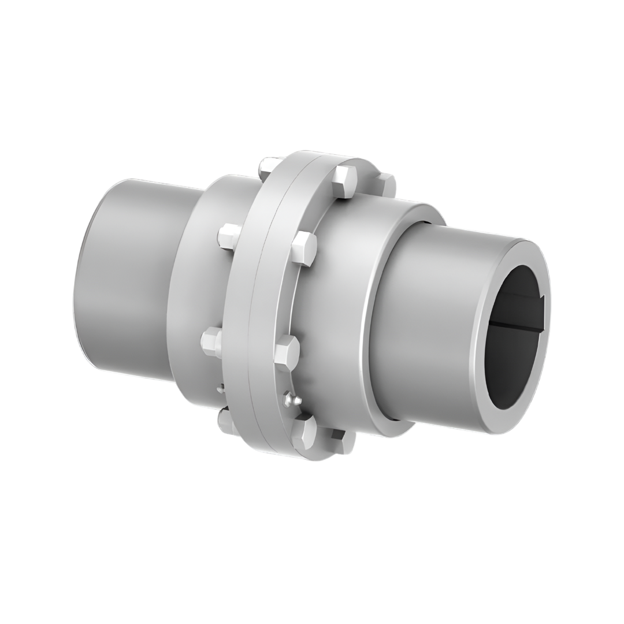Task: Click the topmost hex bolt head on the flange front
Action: coord(344,181)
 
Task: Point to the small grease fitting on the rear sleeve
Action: coord(220,389)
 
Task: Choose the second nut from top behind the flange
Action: coord(229,236)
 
